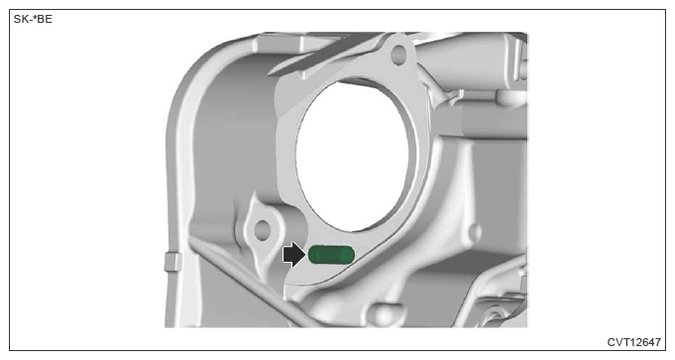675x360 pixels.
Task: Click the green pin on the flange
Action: coord(331,255)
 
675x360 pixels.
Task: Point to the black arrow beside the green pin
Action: coord(293,255)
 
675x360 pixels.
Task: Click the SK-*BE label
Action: coord(33,20)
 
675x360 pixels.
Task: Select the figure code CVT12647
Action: coord(633,342)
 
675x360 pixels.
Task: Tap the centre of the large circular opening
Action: coord(353,155)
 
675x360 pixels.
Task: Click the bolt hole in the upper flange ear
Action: coord(398,55)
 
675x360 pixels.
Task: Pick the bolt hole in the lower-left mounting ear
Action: coord(262,230)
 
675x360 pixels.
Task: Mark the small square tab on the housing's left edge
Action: coord(173,262)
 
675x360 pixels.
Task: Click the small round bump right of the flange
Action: coord(475,233)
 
